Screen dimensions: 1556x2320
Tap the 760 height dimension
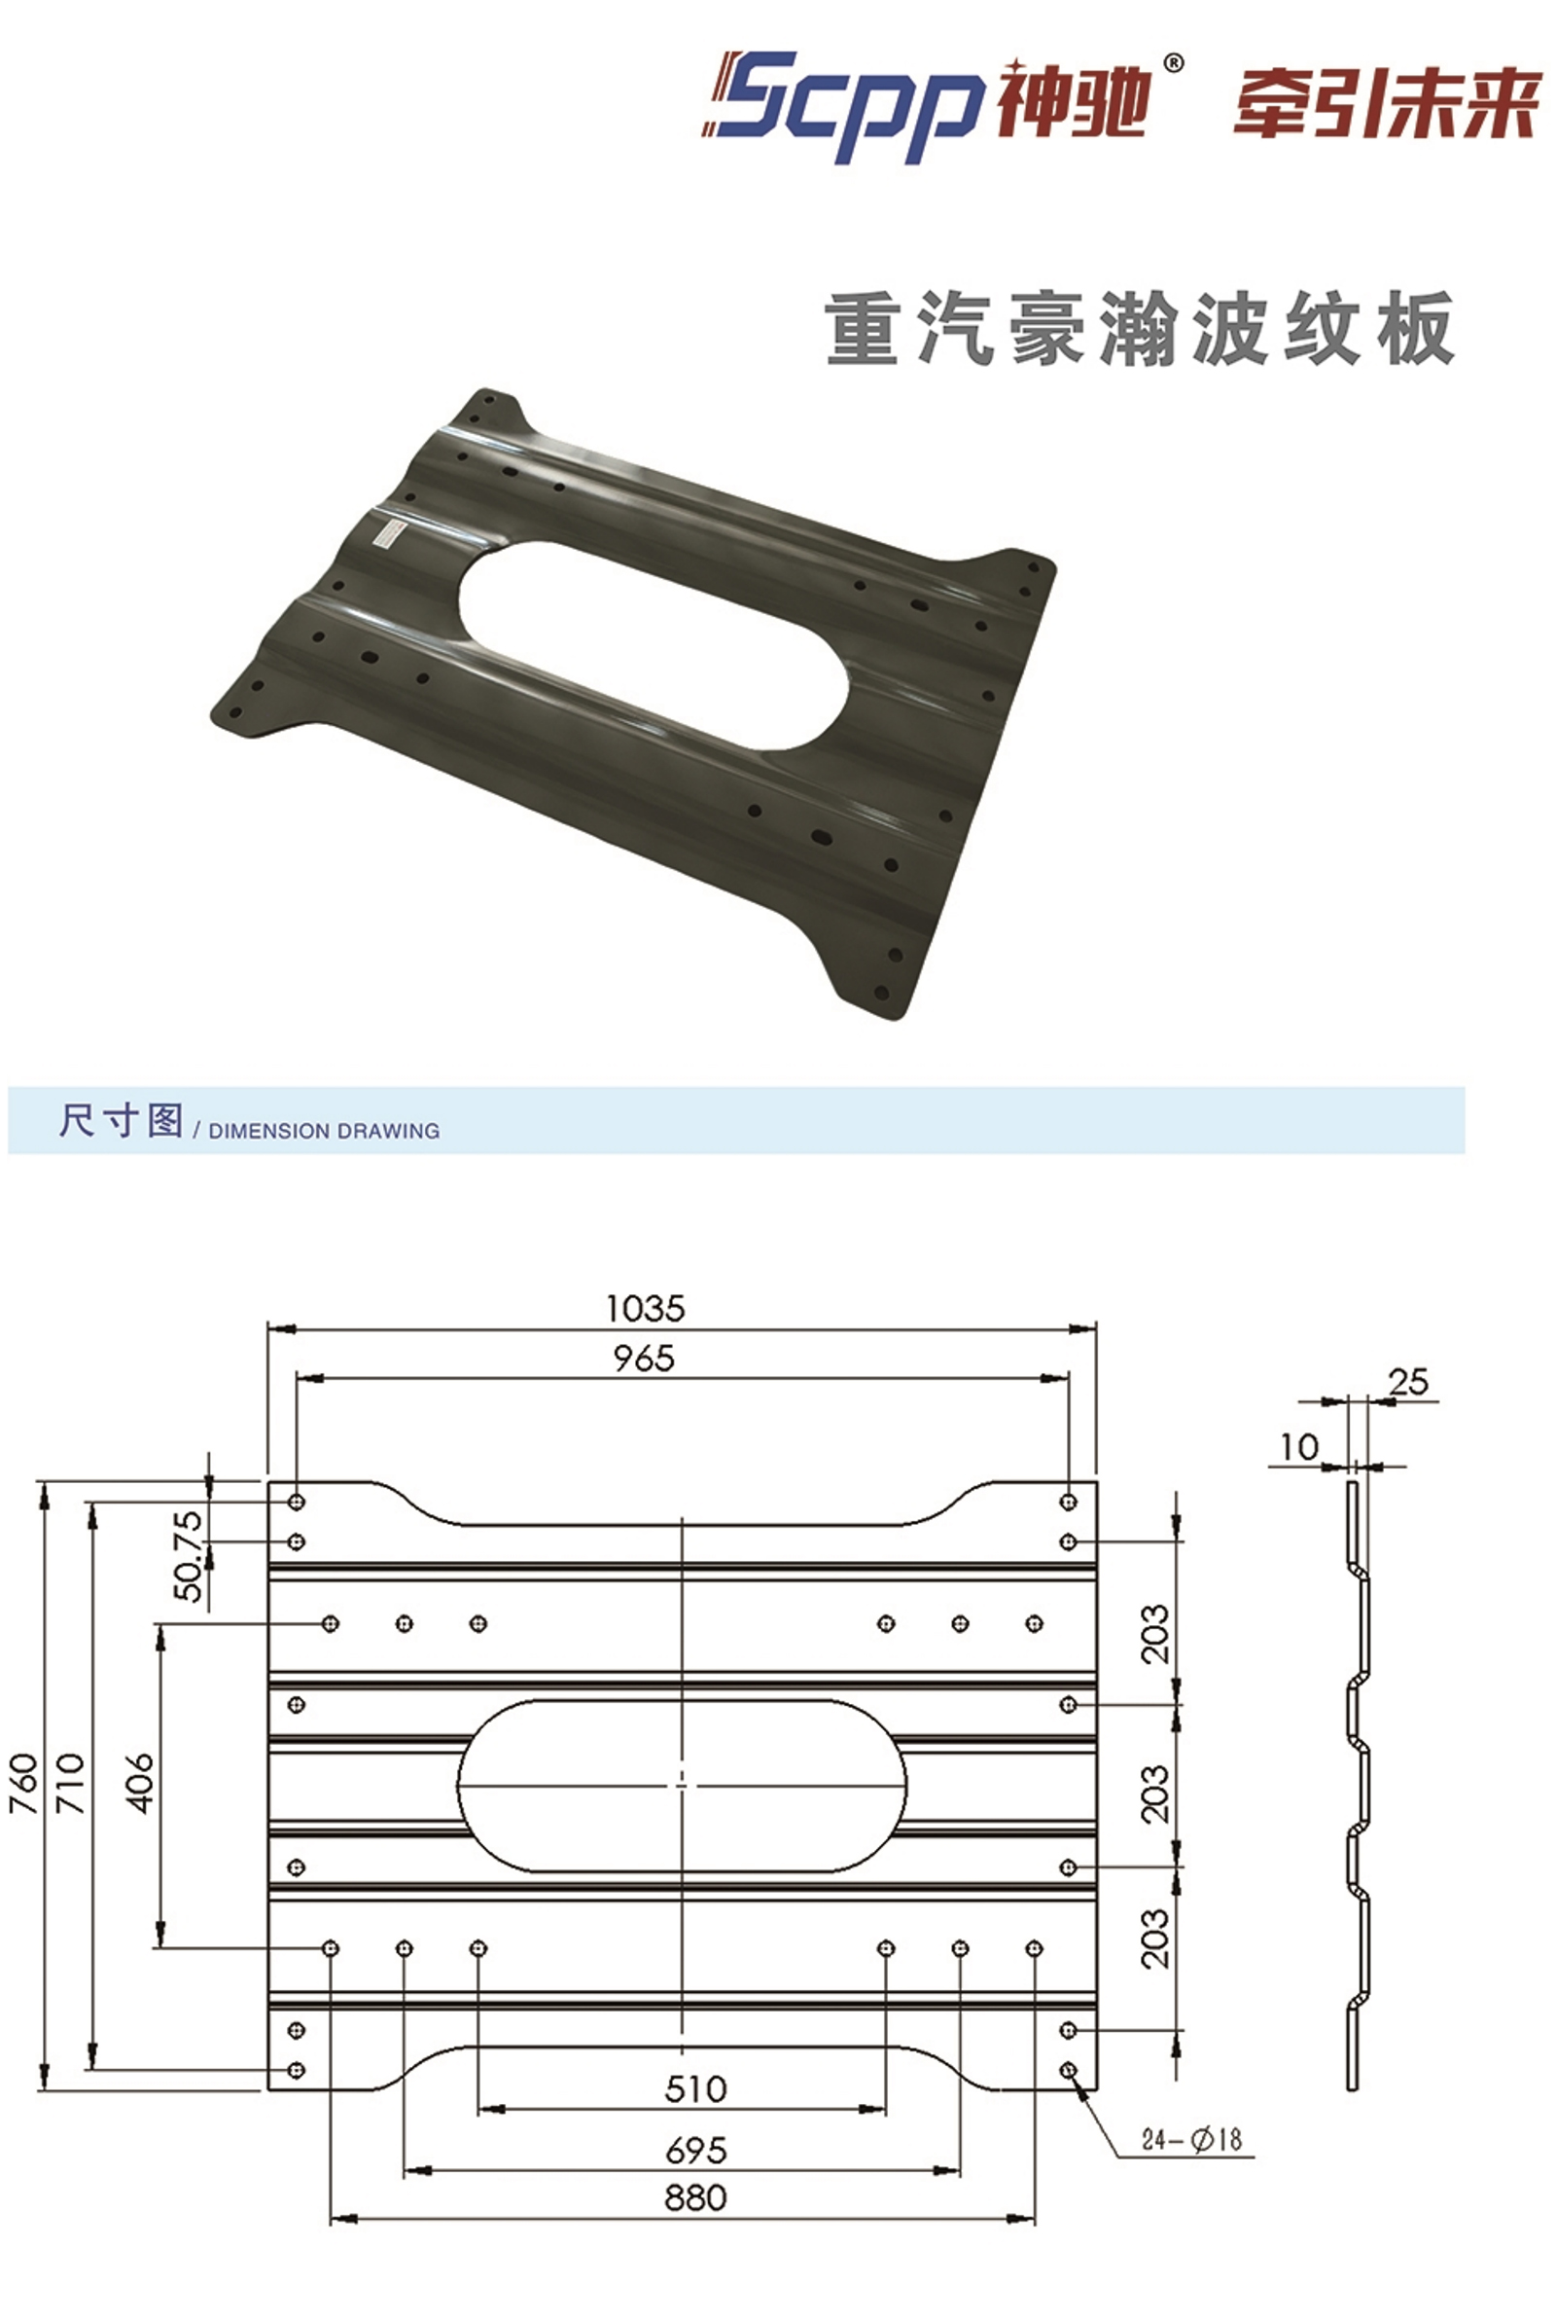tap(23, 1784)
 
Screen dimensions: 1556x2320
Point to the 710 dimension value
tap(69, 1784)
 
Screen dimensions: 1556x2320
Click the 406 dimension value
tap(140, 1784)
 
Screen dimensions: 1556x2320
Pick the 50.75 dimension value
tap(188, 1556)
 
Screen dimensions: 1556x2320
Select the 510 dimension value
tap(695, 2088)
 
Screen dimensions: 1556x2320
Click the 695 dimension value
tap(695, 2151)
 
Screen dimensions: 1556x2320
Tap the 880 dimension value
tap(695, 2197)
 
